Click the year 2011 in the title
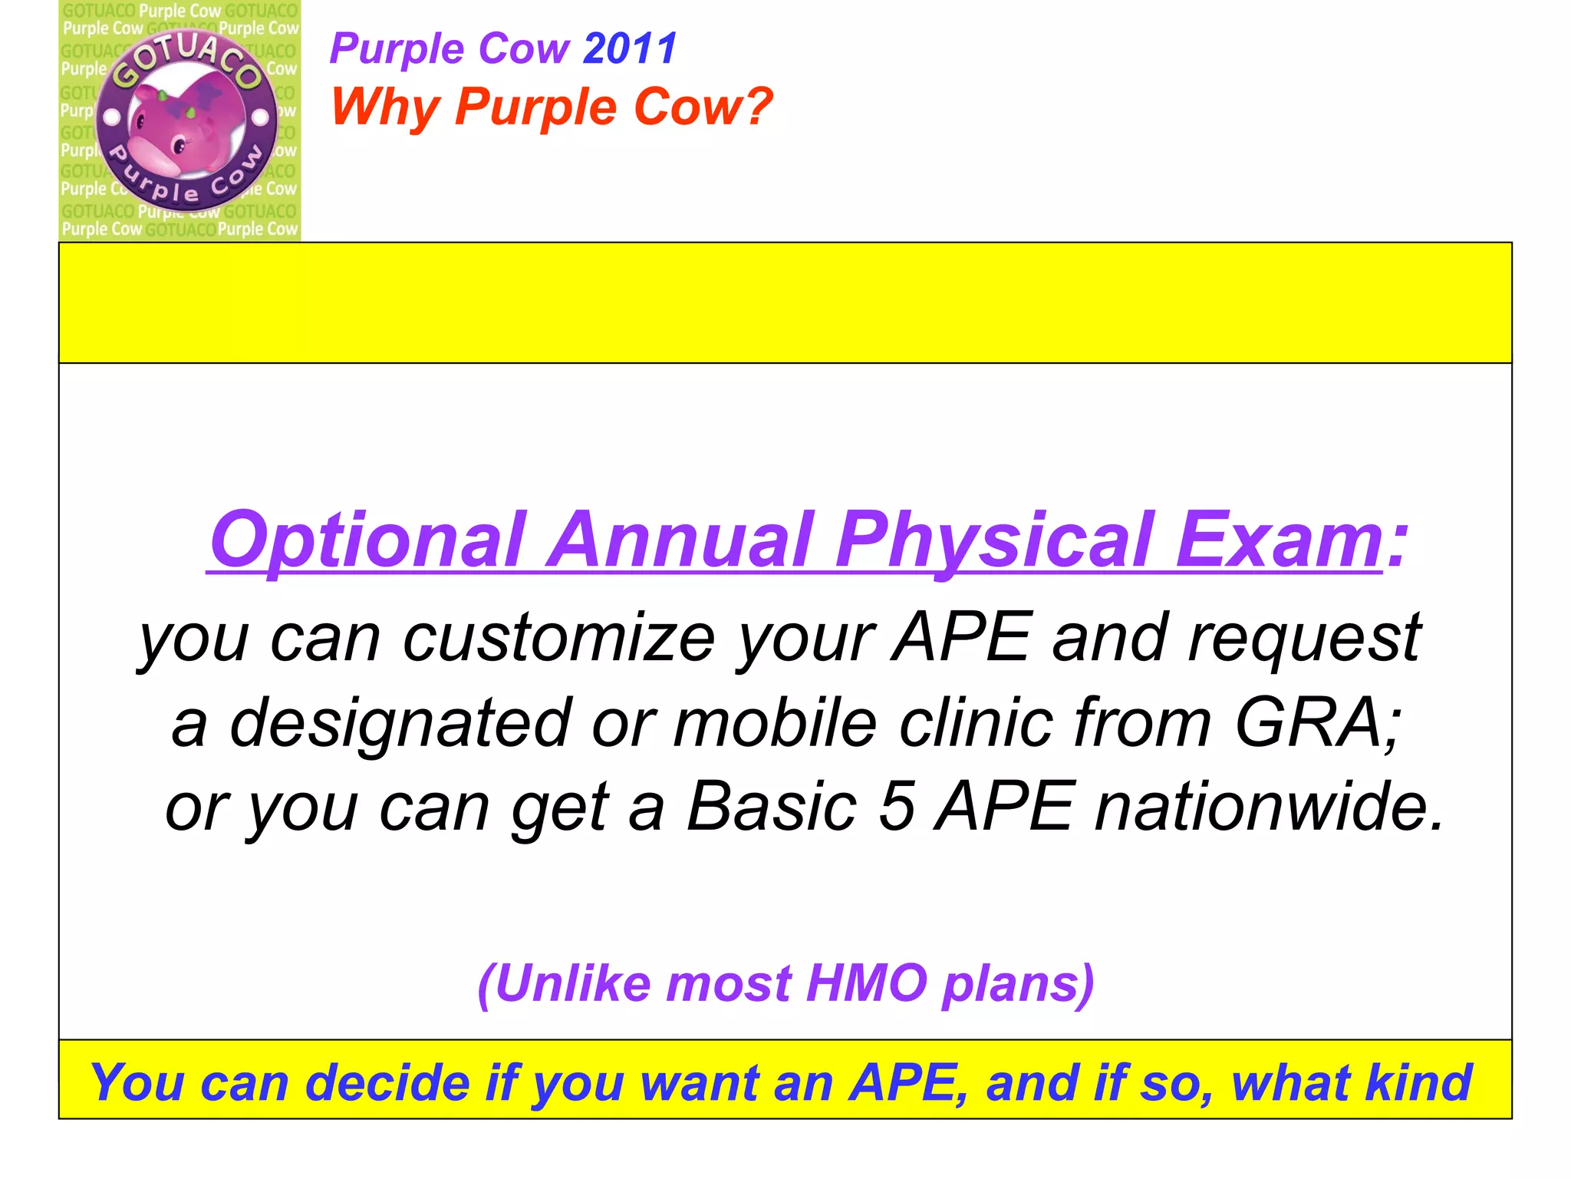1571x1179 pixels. [x=630, y=49]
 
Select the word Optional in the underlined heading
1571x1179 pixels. [x=368, y=540]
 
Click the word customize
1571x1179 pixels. [x=559, y=638]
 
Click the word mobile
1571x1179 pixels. [x=775, y=723]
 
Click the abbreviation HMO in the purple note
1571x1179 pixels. [x=867, y=983]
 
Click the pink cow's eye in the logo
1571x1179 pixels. [x=179, y=145]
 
